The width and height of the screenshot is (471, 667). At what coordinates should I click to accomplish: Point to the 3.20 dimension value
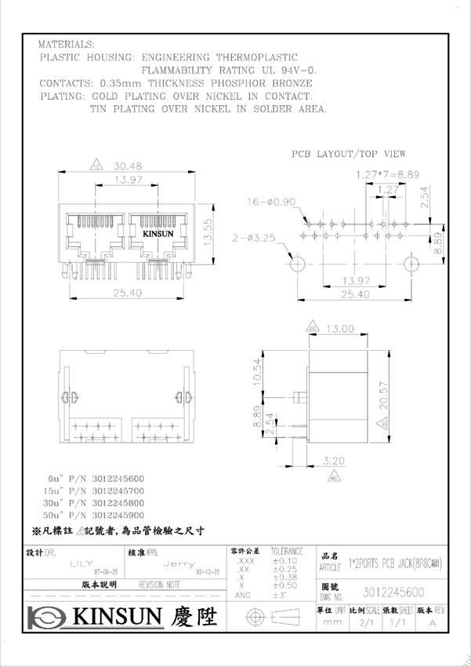(x=334, y=461)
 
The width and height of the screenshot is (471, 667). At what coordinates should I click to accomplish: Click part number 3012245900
(x=118, y=515)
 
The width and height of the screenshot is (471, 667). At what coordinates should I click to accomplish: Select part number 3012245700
(x=118, y=490)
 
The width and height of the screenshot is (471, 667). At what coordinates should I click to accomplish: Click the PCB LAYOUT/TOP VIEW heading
(x=349, y=154)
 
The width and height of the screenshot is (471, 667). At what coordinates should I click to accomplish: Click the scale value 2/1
(x=365, y=622)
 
